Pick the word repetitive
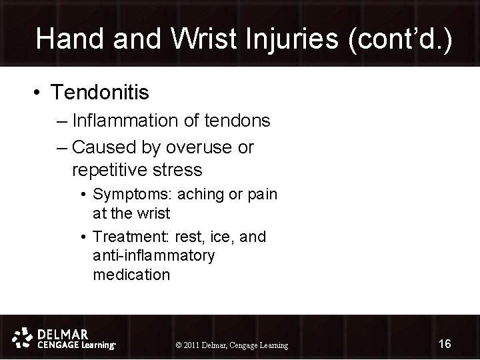click(113, 170)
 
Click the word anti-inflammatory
click(154, 255)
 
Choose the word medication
click(132, 274)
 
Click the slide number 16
click(445, 343)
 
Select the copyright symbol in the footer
click(177, 345)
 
